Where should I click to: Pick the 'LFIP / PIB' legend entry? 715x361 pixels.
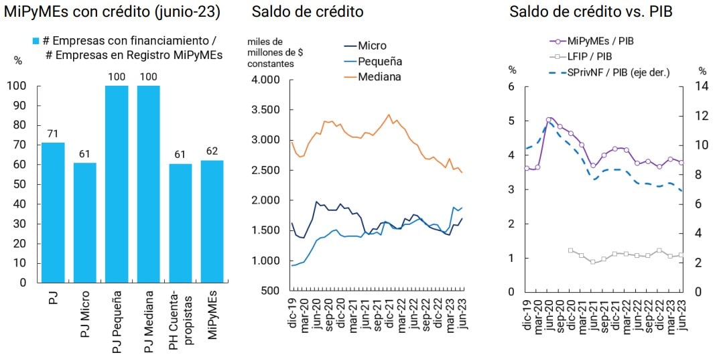[x=589, y=56]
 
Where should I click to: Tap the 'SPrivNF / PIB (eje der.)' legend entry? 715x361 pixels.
[x=618, y=72]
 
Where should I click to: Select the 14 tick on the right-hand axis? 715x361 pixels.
[x=702, y=86]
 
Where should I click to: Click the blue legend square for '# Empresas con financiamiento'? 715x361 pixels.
[x=37, y=41]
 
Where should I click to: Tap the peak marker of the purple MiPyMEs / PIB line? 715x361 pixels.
[x=549, y=120]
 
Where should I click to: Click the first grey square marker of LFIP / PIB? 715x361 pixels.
[x=570, y=250]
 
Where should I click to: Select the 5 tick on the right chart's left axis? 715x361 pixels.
[x=512, y=121]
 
